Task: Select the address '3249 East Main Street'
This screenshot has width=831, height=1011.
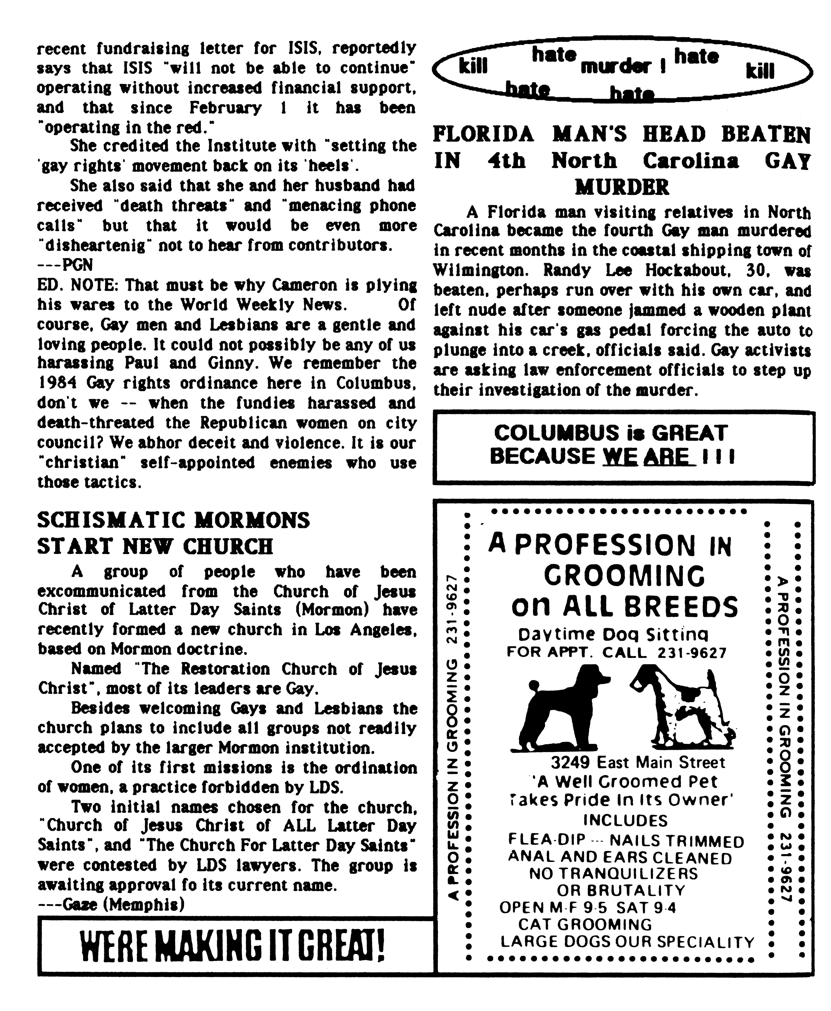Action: click(638, 762)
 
